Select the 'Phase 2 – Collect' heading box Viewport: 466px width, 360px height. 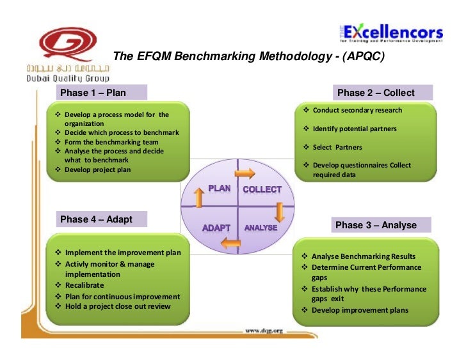(376, 93)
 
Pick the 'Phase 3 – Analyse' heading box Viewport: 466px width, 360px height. (376, 225)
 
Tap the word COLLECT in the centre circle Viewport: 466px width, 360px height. (262, 189)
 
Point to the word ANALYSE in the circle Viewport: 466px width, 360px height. (261, 228)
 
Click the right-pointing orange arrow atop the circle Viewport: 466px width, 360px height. (245, 173)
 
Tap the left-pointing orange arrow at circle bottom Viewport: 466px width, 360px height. (230, 242)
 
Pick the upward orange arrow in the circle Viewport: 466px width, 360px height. (198, 200)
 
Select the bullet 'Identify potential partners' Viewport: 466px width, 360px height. (355, 129)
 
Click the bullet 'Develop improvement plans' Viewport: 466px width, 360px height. (360, 310)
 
